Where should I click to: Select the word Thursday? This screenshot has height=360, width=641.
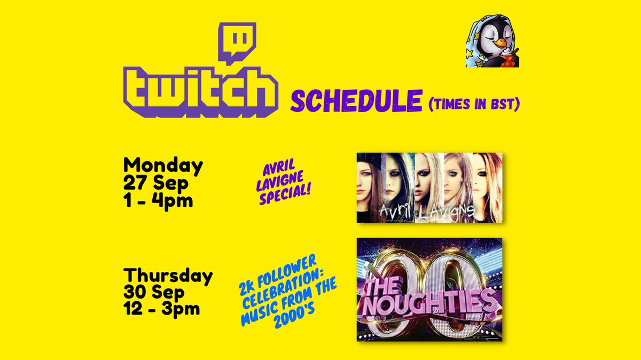click(168, 276)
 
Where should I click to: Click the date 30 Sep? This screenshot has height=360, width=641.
click(154, 293)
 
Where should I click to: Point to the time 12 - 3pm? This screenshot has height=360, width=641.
click(161, 309)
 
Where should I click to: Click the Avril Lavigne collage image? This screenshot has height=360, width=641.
click(429, 187)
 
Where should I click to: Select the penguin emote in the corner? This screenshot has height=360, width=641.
click(492, 42)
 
